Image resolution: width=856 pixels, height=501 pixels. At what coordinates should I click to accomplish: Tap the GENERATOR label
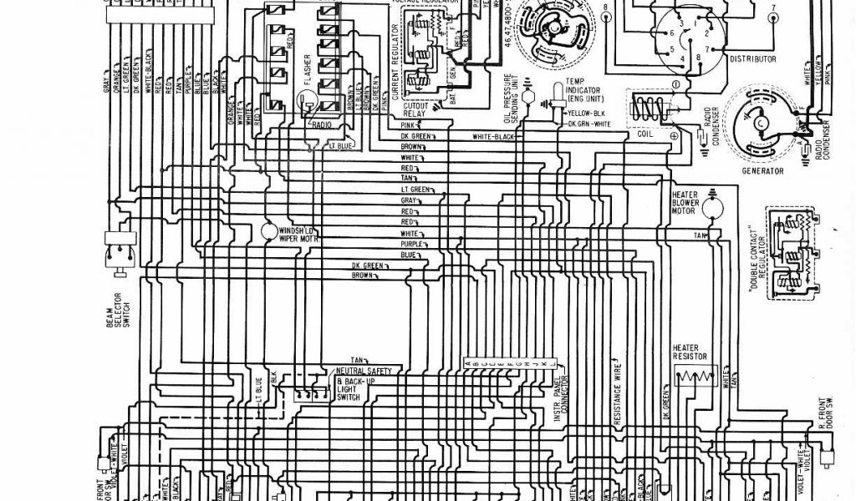pos(762,171)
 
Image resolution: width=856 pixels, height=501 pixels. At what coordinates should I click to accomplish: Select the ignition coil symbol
pos(651,109)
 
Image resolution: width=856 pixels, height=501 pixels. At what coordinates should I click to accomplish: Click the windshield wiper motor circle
pos(269,230)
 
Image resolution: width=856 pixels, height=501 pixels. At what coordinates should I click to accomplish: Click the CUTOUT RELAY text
pos(415,110)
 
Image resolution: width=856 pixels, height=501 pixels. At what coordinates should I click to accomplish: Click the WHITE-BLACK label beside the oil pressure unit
pos(494,137)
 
